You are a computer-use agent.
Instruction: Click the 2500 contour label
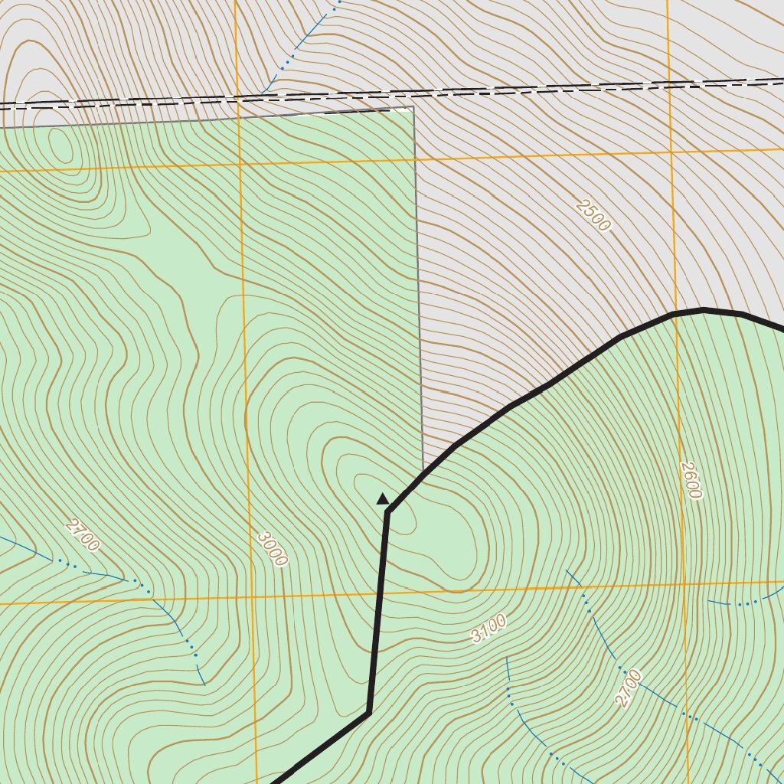click(x=593, y=215)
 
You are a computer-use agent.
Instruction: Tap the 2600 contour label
click(x=690, y=480)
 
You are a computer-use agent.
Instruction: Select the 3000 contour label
click(x=272, y=549)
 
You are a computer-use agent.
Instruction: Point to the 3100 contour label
click(x=488, y=629)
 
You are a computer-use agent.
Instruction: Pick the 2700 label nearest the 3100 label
click(x=628, y=688)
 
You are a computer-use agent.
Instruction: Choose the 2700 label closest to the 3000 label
click(x=83, y=535)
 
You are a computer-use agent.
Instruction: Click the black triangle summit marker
click(x=383, y=499)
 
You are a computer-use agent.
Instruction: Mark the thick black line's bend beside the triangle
click(x=388, y=511)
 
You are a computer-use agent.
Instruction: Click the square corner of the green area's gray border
click(x=413, y=107)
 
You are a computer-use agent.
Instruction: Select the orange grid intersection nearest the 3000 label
click(x=250, y=597)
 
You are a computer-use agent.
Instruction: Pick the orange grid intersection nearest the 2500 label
click(x=671, y=152)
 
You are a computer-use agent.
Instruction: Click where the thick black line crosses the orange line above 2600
click(x=675, y=314)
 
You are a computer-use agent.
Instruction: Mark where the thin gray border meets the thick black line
click(x=423, y=471)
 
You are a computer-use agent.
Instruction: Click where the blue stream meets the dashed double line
click(x=264, y=93)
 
